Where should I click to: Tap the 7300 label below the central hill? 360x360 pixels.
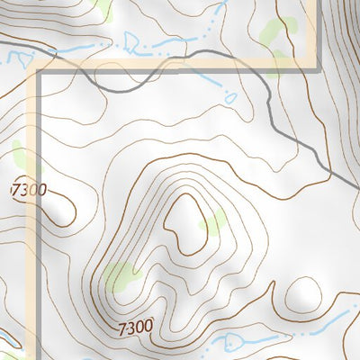135,326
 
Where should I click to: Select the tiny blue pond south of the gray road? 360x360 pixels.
230,97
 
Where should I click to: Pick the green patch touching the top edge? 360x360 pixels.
102,8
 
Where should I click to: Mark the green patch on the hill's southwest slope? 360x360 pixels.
121,277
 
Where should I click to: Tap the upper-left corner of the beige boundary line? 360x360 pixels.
38,68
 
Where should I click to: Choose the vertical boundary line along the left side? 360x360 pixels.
38,225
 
